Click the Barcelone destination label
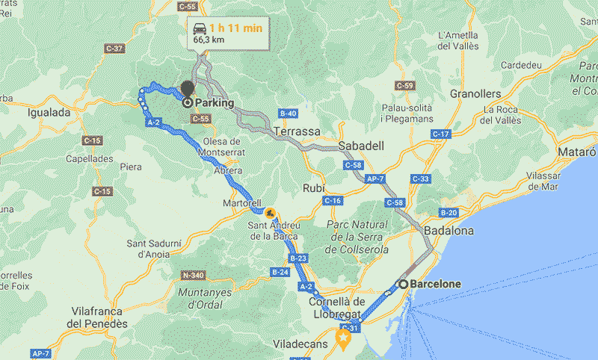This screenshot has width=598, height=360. pyautogui.click(x=436, y=284)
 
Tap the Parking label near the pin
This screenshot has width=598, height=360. pyautogui.click(x=214, y=103)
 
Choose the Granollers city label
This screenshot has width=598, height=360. pyautogui.click(x=475, y=94)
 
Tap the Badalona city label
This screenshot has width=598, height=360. pyautogui.click(x=448, y=231)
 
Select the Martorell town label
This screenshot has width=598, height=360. pyautogui.click(x=241, y=203)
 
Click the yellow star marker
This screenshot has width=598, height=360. pyautogui.click(x=343, y=341)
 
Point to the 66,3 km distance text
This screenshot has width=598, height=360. pyautogui.click(x=210, y=40)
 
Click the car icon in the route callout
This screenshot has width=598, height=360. pyautogui.click(x=200, y=28)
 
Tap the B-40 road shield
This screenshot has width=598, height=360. pyautogui.click(x=288, y=114)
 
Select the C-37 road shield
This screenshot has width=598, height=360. pyautogui.click(x=115, y=49)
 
